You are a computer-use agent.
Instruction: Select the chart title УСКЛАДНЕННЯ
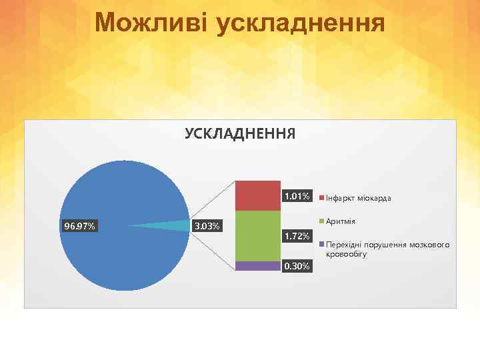(x=239, y=133)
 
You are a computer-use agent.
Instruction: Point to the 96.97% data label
(x=79, y=227)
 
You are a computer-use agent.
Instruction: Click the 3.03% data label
(x=207, y=227)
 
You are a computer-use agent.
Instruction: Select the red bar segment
(x=257, y=195)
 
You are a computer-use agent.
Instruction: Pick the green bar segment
(x=257, y=235)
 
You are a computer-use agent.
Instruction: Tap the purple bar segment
(x=257, y=265)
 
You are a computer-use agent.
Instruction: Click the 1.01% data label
(x=296, y=197)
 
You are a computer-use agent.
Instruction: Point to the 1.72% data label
(x=296, y=237)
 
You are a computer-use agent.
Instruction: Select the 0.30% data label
(x=296, y=267)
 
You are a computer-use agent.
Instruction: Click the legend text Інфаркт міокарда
(x=359, y=199)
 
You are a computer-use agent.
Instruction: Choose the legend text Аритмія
(x=340, y=221)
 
